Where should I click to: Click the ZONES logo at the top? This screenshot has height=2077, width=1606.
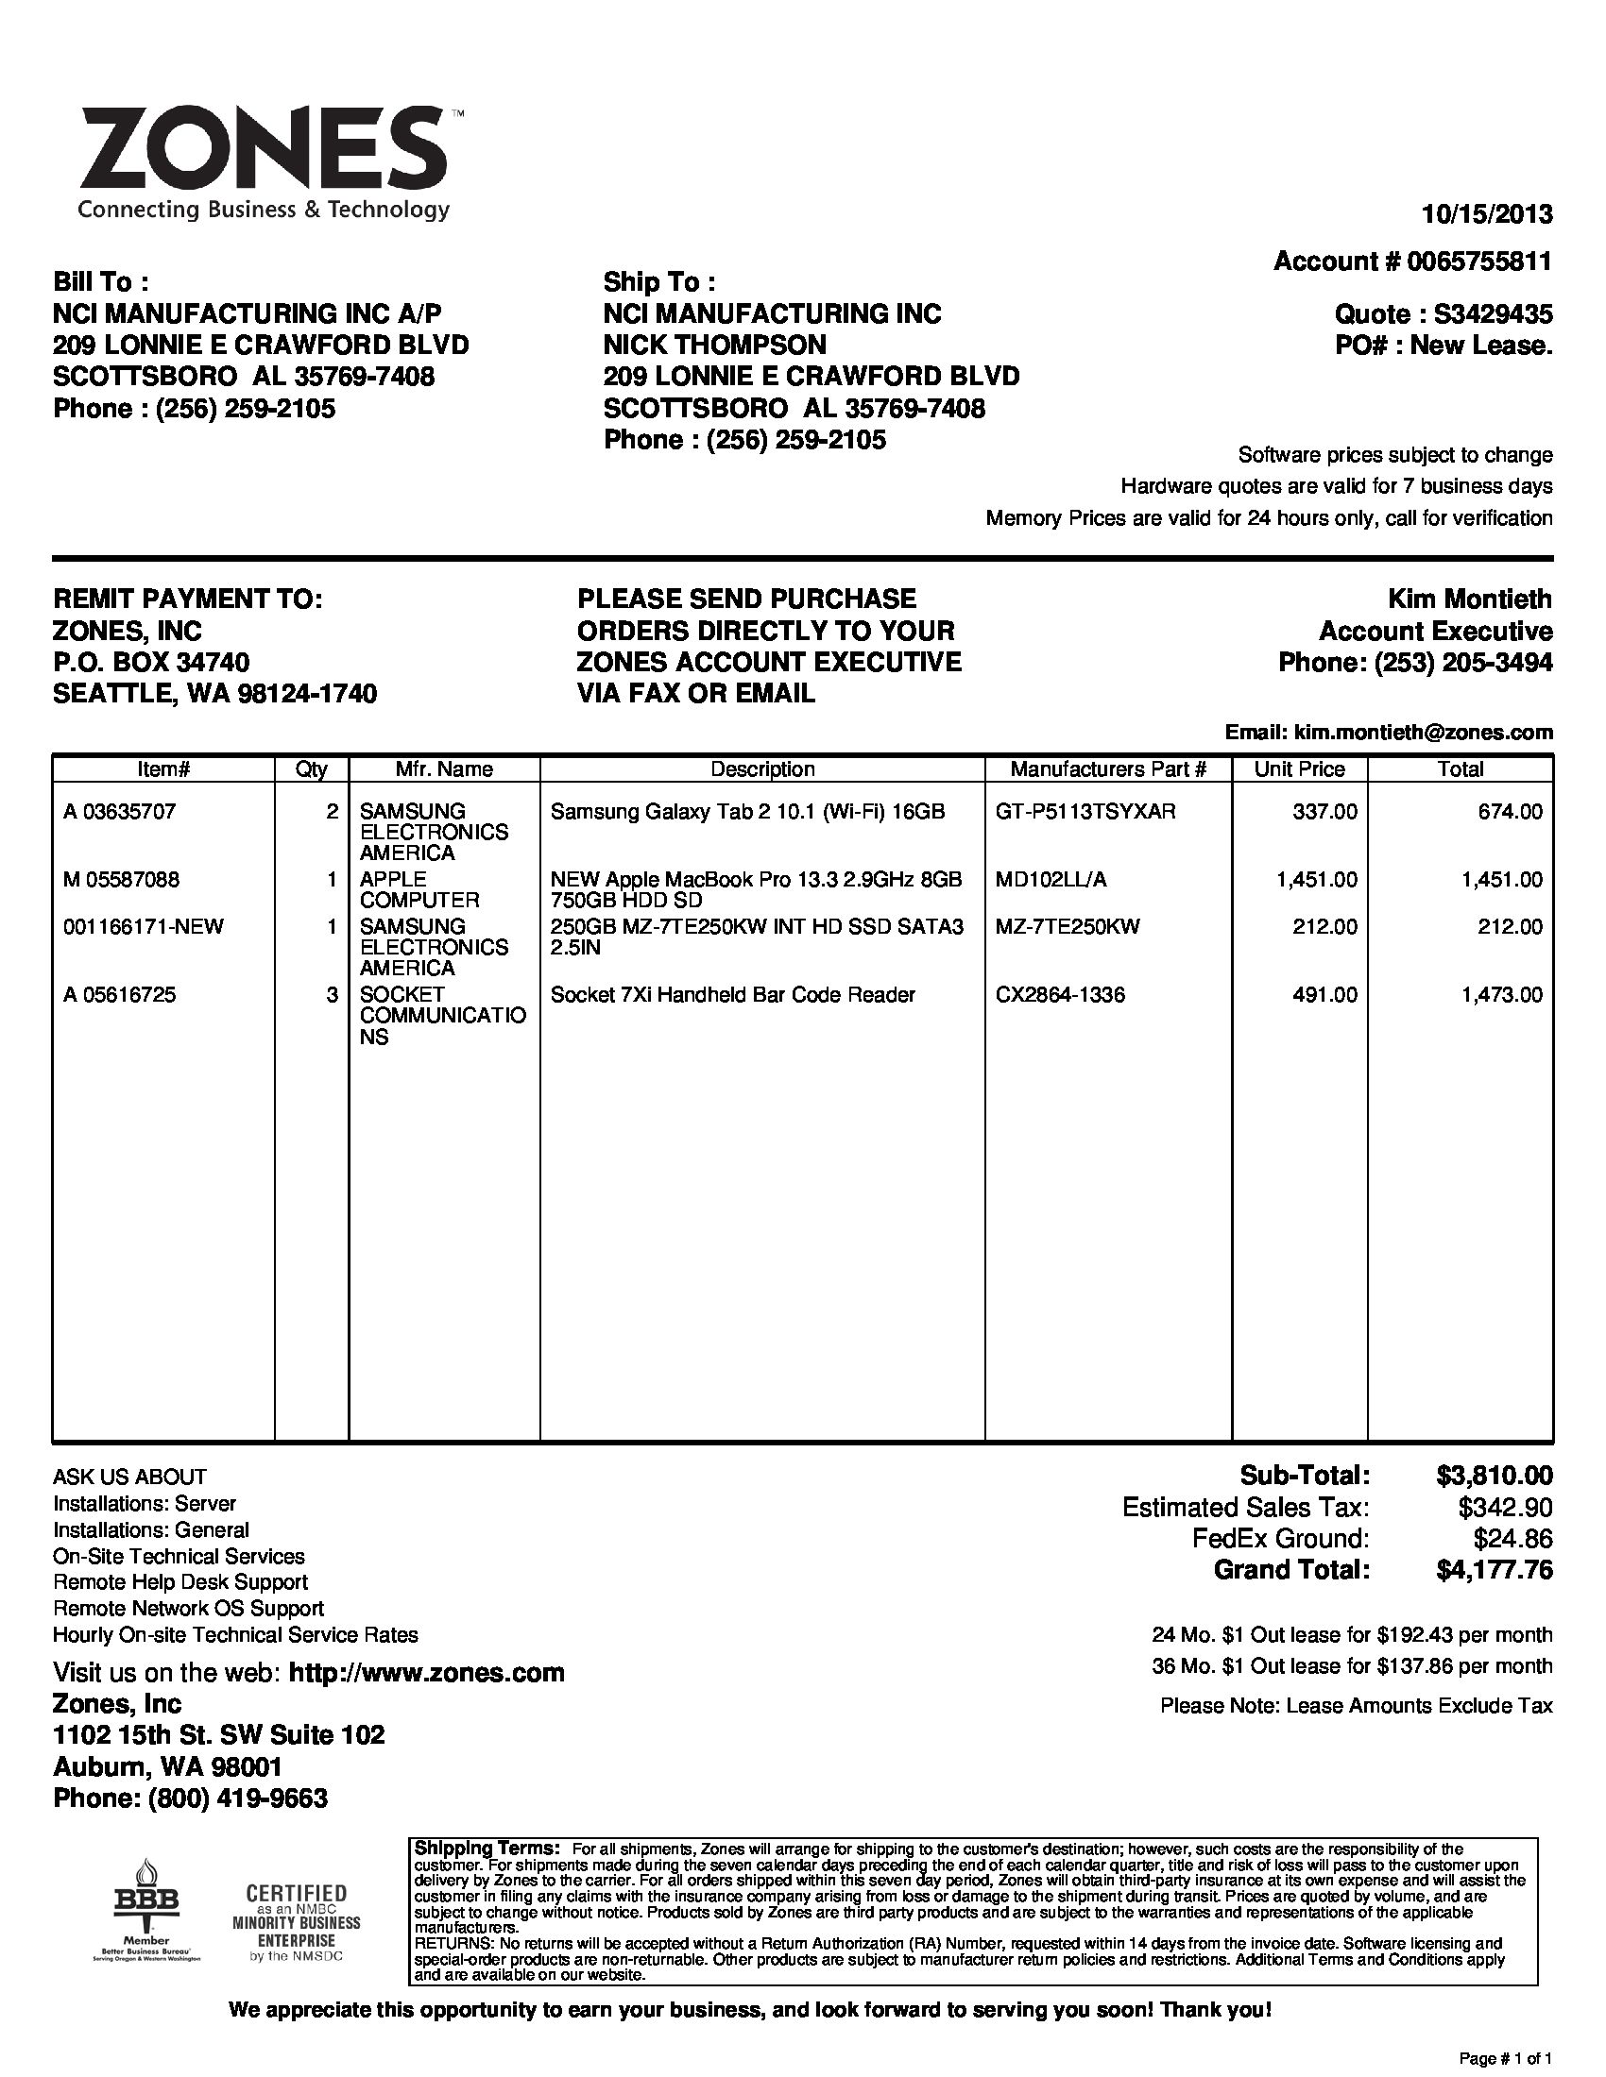point(264,161)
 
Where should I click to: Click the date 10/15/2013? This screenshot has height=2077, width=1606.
point(1486,214)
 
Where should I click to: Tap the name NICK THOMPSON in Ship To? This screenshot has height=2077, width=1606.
point(714,345)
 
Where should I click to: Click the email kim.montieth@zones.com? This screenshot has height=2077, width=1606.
point(1424,733)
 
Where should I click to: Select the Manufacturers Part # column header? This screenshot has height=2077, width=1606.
point(1107,768)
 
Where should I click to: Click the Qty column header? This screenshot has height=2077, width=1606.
point(311,768)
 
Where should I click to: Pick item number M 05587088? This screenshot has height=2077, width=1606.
point(121,880)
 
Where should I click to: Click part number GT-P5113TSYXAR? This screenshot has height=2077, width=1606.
point(1085,811)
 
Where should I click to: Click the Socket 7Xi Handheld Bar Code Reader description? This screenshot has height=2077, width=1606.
point(732,995)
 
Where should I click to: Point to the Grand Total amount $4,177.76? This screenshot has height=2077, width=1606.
point(1494,1570)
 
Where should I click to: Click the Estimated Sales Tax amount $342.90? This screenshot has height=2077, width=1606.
point(1505,1508)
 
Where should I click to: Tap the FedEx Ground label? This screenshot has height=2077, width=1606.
point(1281,1539)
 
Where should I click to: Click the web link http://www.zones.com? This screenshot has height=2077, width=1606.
point(426,1673)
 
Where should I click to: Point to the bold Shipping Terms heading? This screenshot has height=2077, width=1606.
point(486,1848)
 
